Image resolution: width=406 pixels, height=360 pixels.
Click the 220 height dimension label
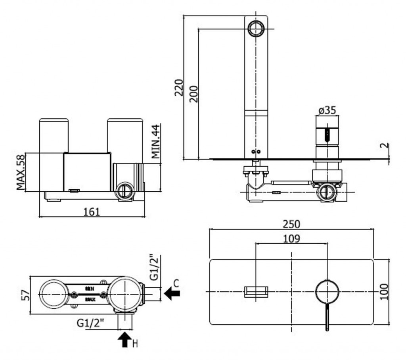point(179,88)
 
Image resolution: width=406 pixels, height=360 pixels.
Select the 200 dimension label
point(193,94)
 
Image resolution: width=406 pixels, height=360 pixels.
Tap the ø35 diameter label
point(327,110)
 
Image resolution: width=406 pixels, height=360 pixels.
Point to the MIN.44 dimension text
point(156,141)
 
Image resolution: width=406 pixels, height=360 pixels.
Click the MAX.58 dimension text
point(21,172)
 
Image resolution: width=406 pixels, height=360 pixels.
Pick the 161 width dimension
point(92,211)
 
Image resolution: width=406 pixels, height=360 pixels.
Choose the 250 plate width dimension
point(291,224)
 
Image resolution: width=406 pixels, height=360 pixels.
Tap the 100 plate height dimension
point(384,292)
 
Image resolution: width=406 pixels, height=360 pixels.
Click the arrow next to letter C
point(172,294)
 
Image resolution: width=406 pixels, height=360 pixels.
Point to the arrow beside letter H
point(125,340)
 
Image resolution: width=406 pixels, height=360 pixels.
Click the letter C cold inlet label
point(176,283)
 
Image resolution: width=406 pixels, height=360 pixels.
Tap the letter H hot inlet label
point(135,343)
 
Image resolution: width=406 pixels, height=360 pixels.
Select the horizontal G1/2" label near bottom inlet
point(91,323)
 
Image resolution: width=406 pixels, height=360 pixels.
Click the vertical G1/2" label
point(155,266)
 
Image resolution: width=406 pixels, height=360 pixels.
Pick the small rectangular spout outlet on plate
point(256,292)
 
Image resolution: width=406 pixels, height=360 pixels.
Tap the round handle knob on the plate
point(327,292)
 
